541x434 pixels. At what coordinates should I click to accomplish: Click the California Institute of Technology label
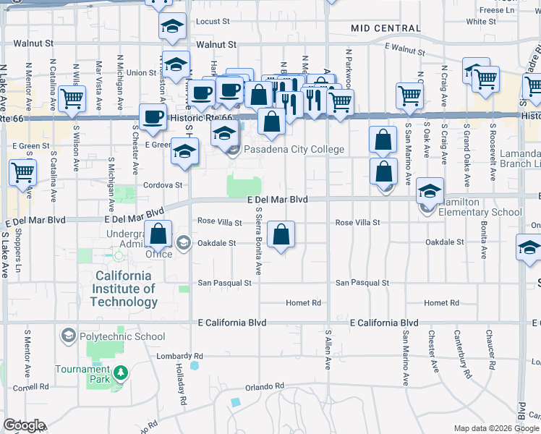click(x=124, y=289)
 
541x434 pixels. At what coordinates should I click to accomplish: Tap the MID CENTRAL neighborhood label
click(x=385, y=28)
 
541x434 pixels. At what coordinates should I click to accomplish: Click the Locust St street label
click(x=212, y=22)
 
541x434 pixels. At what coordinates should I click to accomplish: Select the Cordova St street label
click(x=166, y=185)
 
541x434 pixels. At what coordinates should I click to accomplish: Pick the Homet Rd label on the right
click(x=443, y=303)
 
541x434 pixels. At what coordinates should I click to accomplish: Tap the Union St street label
click(x=141, y=73)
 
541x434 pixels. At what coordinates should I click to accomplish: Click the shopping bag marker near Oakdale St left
click(x=158, y=234)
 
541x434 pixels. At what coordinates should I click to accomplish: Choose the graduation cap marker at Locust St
click(x=172, y=27)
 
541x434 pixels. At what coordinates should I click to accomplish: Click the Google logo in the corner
click(x=24, y=425)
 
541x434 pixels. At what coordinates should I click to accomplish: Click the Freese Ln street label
click(x=496, y=10)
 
